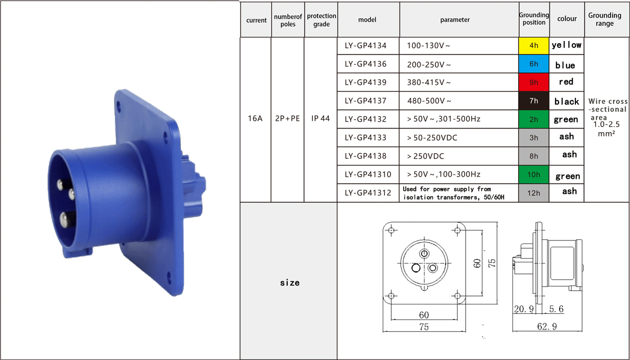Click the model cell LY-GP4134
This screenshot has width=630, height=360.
[365, 46]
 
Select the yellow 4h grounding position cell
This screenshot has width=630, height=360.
[533, 46]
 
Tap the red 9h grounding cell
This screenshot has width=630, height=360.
[533, 82]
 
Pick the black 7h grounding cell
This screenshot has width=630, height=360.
[533, 101]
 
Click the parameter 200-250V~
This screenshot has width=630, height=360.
[428, 65]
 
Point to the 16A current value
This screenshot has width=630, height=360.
[255, 118]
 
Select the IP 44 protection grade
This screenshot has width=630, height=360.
[320, 118]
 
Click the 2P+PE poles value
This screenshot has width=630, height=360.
[288, 118]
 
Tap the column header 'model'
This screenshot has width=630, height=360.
[367, 19]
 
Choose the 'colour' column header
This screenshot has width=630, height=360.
[567, 18]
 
